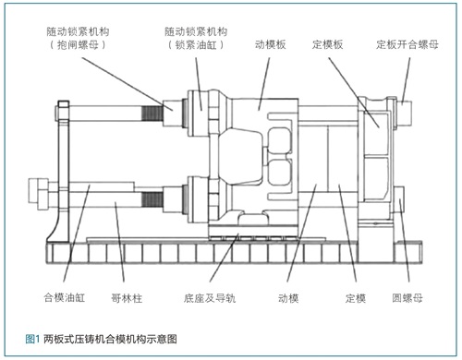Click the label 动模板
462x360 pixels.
coord(271,44)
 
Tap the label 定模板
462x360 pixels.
coord(327,44)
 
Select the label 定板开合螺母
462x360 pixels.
coord(407,44)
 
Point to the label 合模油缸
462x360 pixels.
coord(65,297)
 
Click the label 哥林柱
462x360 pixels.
coord(127,298)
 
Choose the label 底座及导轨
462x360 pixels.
coord(210,298)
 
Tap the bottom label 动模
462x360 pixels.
coord(288,298)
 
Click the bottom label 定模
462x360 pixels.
coord(356,298)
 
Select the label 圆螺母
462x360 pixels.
coord(407,298)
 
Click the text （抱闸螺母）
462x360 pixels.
coord(78,45)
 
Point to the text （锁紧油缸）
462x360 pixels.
coord(196,45)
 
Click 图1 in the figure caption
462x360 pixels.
coord(32,339)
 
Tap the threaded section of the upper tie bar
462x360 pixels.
coord(152,114)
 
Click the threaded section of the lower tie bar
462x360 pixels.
coord(152,199)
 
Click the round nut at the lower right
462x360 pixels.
coord(399,199)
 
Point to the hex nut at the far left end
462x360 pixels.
coord(38,195)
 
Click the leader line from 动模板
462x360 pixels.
coord(264,84)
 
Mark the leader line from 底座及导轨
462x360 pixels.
coord(224,258)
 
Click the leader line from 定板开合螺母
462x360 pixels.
coord(407,80)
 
